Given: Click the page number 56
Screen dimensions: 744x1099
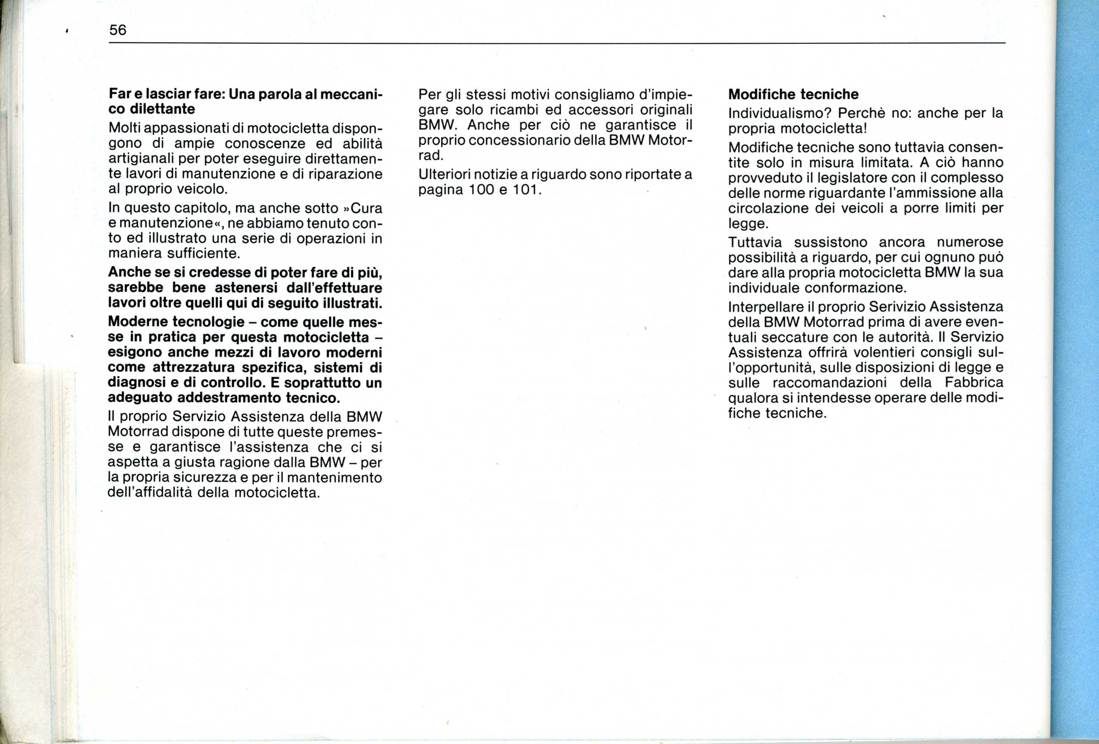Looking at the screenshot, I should [x=118, y=30].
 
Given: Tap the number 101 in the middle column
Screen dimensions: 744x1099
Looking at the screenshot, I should [x=525, y=190].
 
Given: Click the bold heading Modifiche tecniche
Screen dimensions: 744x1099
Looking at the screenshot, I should [x=793, y=94].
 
